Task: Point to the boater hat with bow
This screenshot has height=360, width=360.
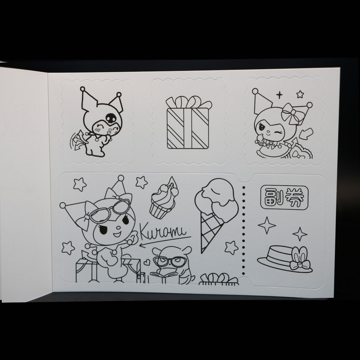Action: [285, 259]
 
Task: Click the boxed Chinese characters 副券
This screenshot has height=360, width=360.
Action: [284, 197]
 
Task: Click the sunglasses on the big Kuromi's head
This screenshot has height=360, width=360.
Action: [110, 210]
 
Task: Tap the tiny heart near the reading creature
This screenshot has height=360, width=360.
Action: [147, 262]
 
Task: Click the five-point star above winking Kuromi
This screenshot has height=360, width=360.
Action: [300, 94]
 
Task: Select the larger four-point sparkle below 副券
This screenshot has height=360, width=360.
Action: [267, 225]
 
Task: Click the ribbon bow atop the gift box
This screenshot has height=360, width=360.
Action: [188, 102]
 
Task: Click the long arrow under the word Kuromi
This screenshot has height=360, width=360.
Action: [165, 241]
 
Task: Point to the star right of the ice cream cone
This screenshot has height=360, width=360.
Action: [231, 247]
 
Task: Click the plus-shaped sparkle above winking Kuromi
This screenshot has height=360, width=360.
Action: [279, 95]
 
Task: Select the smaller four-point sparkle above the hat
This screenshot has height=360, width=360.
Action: [300, 234]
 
